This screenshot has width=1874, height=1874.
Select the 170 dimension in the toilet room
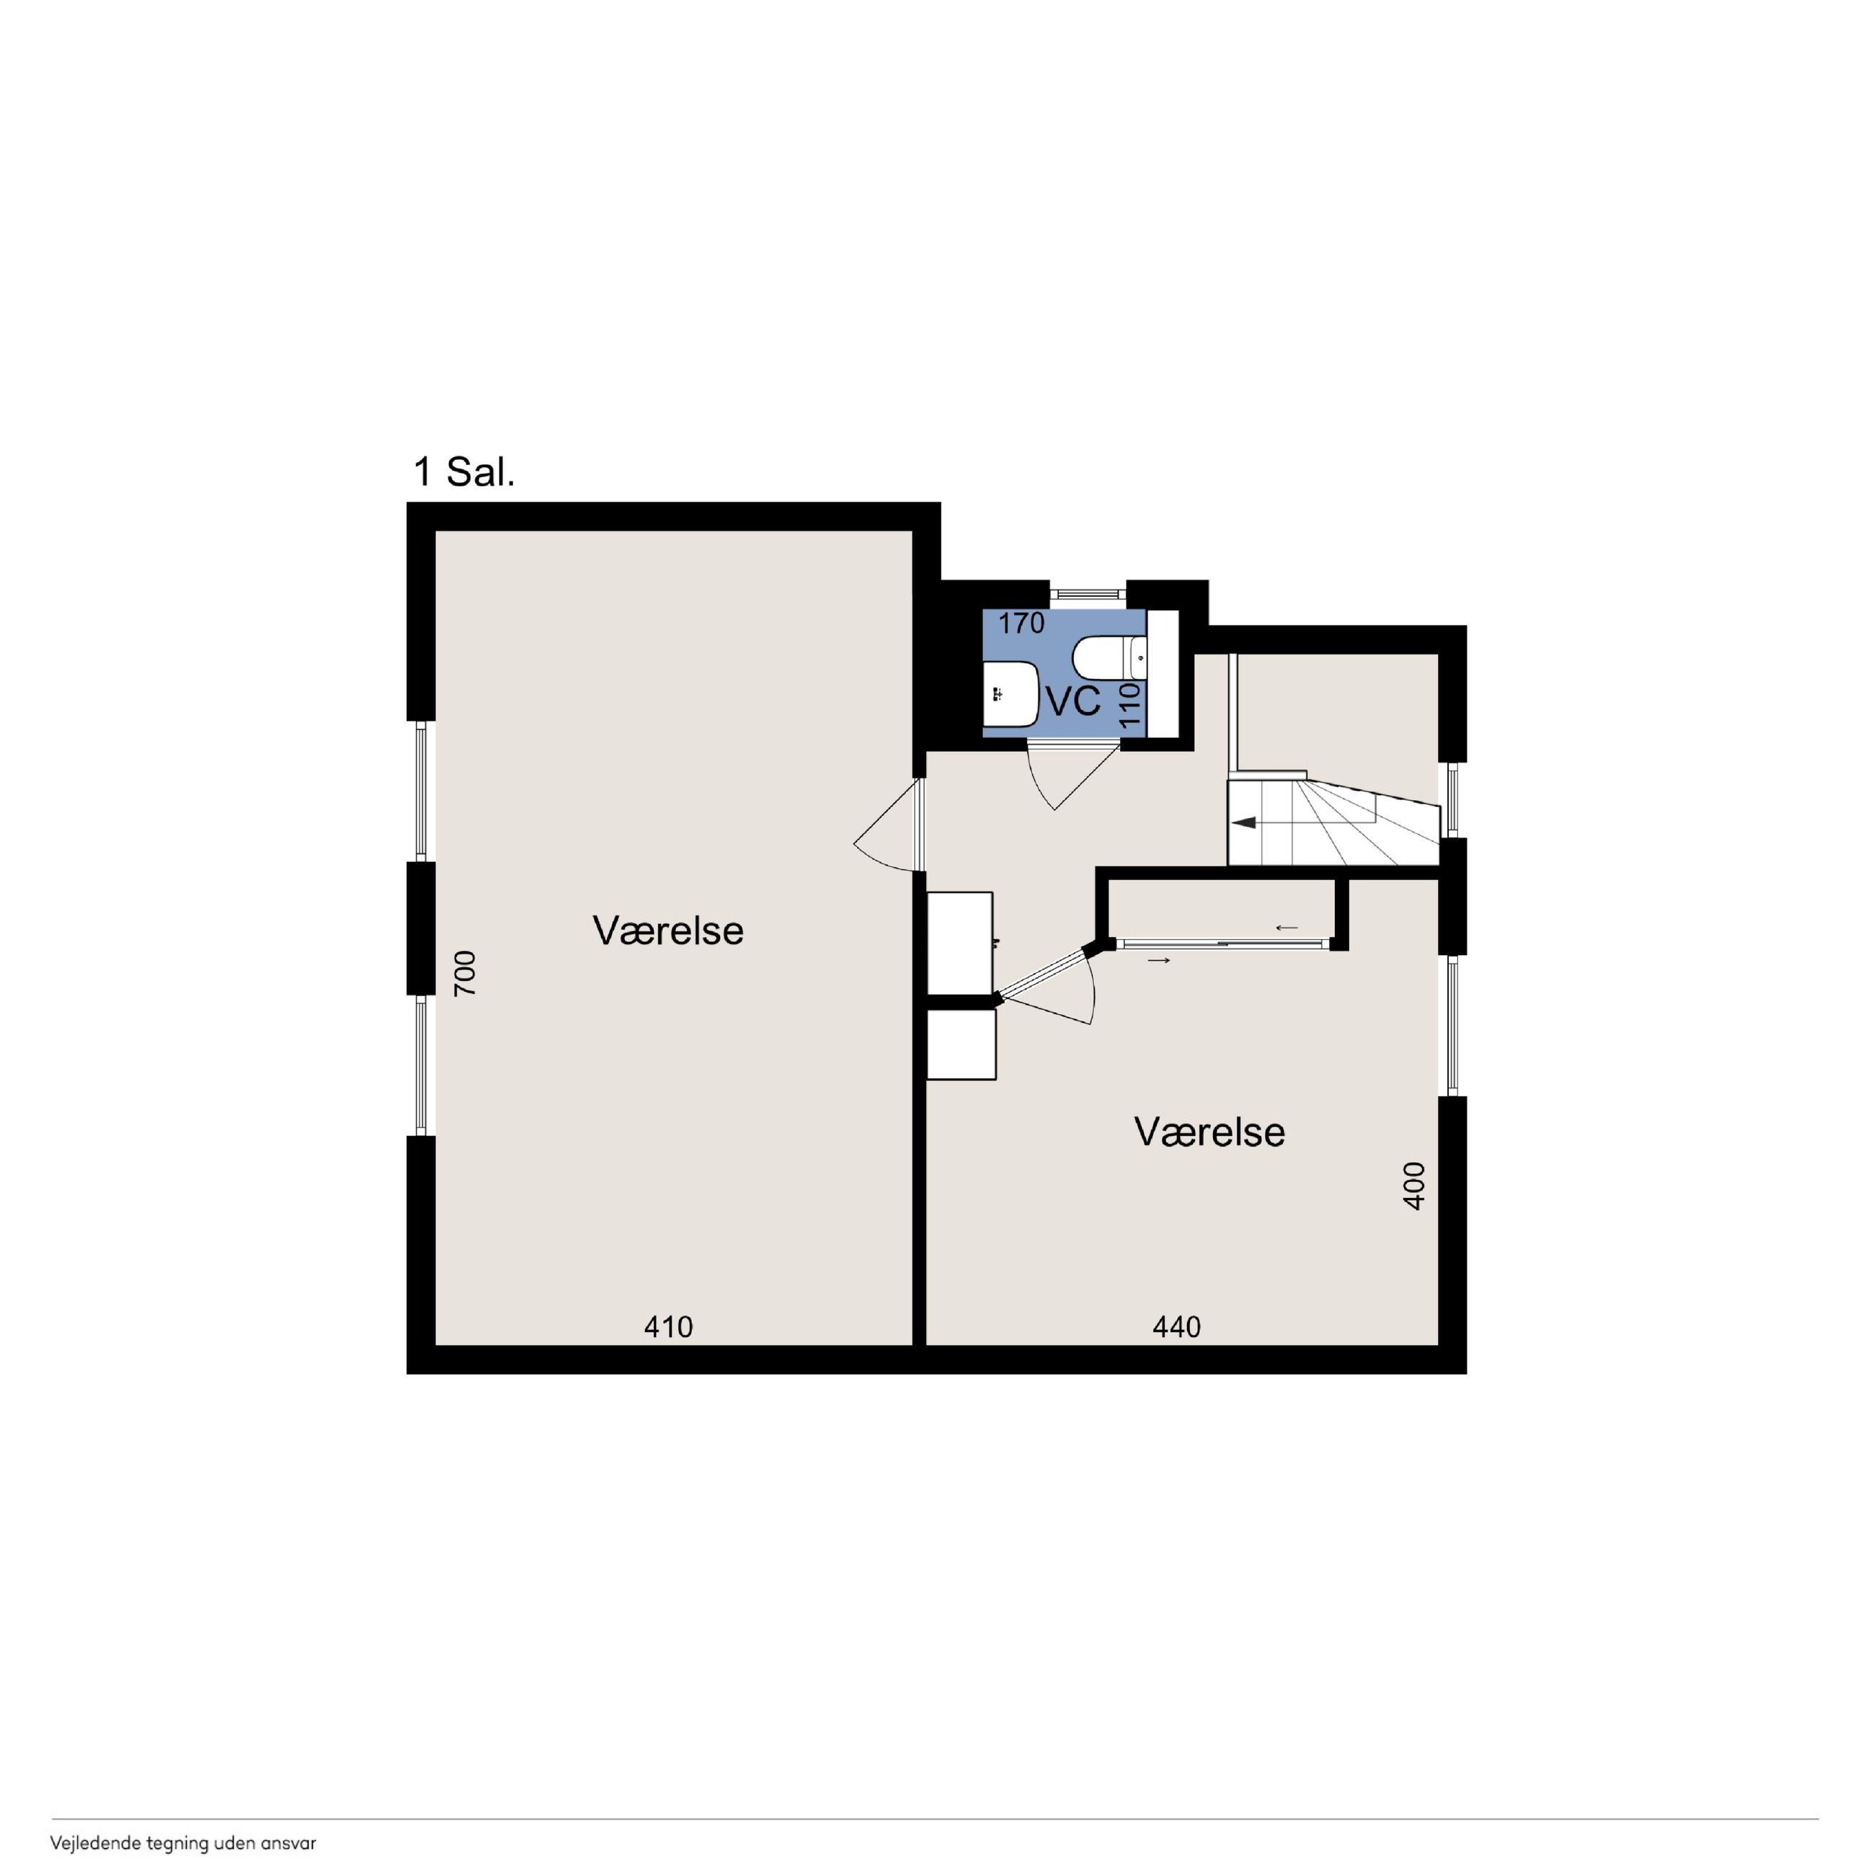point(1021,623)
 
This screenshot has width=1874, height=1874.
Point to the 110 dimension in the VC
point(1129,706)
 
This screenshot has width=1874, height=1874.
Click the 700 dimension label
point(466,973)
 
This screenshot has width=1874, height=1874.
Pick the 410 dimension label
point(668,1327)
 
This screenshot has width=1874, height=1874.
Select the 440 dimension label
point(1176,1327)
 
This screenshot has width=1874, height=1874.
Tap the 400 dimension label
point(1414,1186)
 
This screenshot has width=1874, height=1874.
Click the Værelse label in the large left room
point(668,931)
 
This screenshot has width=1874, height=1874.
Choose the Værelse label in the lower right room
point(1209,1132)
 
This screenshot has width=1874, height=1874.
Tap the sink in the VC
point(1011,693)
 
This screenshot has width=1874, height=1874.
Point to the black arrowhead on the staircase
point(1245,822)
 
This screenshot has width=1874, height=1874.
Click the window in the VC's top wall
point(1088,594)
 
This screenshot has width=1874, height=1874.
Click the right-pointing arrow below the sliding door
point(1159,960)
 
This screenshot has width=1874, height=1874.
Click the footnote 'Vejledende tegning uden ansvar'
point(183,1843)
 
